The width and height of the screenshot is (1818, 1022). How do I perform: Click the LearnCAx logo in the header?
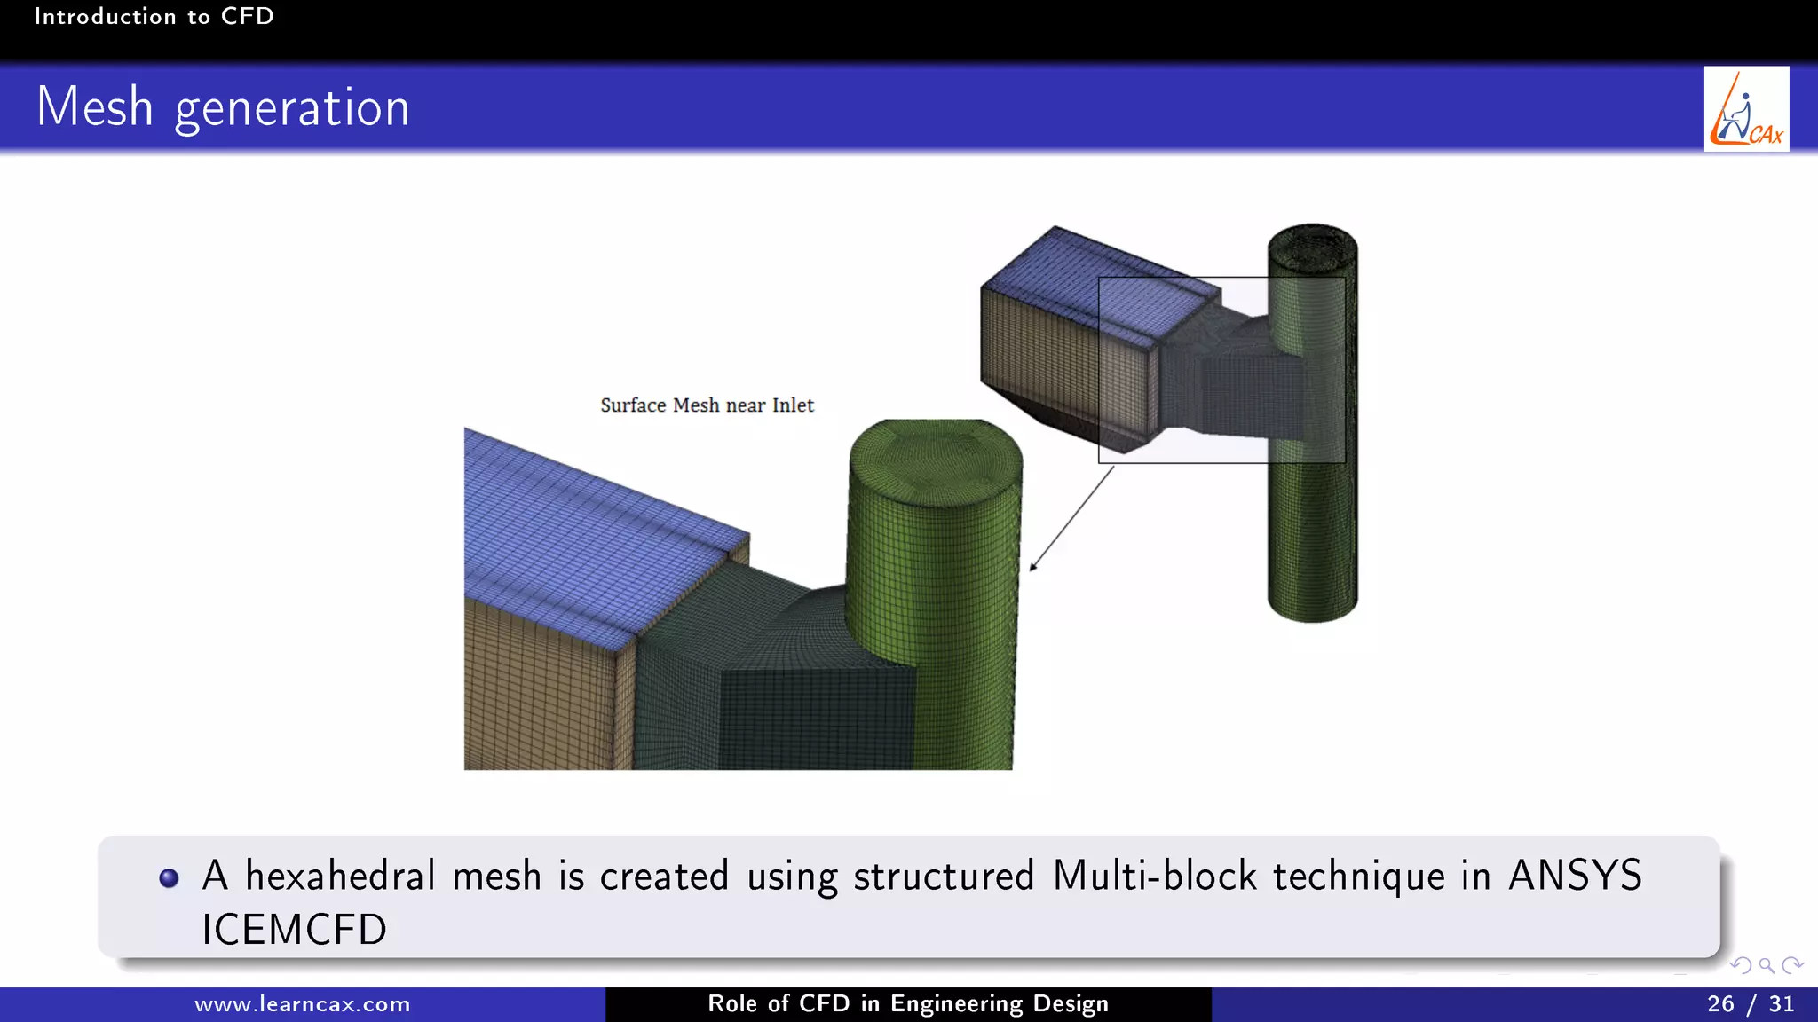(1746, 109)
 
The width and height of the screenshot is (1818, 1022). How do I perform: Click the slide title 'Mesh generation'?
(223, 107)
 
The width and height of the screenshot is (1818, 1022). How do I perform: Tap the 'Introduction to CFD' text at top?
(154, 16)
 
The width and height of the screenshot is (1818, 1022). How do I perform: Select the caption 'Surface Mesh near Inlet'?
(707, 405)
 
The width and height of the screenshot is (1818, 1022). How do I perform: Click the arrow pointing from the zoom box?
(1071, 520)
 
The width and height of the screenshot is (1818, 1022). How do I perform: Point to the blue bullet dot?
(169, 878)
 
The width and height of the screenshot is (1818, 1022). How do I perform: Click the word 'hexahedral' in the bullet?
(340, 876)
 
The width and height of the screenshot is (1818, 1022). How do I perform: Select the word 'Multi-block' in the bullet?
(1154, 876)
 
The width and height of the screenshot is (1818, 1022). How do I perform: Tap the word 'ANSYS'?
(1575, 876)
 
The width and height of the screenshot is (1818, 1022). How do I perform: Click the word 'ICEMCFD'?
(294, 930)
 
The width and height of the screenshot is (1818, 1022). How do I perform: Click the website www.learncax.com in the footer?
(302, 1004)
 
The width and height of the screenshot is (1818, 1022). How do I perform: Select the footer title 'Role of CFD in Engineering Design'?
(908, 1004)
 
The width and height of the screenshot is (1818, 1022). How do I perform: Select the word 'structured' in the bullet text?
(944, 876)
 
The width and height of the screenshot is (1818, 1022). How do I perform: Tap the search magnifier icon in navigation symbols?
(1767, 965)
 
